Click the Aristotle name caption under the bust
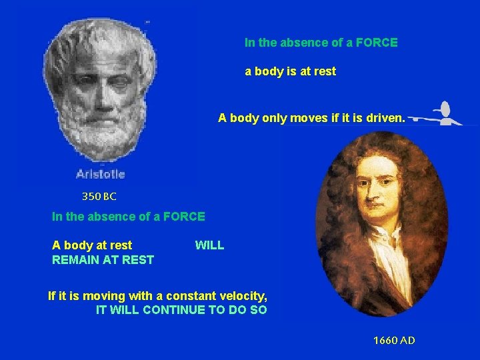click(x=100, y=174)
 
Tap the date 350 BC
click(x=99, y=197)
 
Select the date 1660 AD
click(x=394, y=341)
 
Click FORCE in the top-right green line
click(x=377, y=43)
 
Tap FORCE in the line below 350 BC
click(x=184, y=216)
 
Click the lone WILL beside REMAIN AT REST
click(x=209, y=245)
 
